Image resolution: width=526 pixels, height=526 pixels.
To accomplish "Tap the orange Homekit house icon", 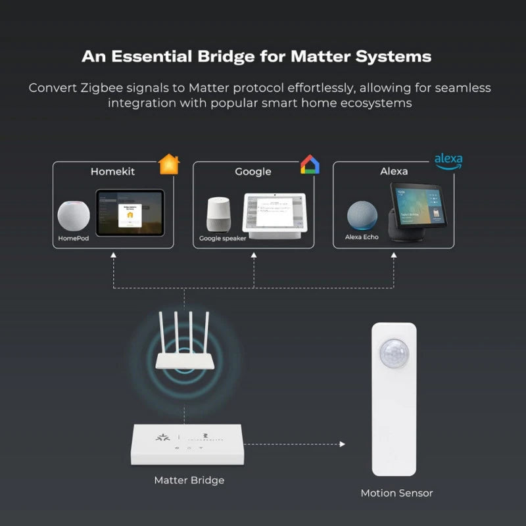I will click(x=169, y=164).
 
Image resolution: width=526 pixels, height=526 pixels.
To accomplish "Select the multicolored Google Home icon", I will click(x=310, y=164).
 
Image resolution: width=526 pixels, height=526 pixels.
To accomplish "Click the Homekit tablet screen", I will click(x=130, y=212).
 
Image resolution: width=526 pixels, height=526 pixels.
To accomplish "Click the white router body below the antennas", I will click(x=184, y=360).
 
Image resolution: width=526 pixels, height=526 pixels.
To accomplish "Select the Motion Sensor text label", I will click(x=396, y=492).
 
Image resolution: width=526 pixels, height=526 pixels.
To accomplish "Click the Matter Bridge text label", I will click(x=189, y=480).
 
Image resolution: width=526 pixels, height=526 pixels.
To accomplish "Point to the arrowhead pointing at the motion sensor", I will click(x=342, y=444).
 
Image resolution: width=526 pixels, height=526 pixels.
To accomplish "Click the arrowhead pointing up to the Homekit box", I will click(x=114, y=253).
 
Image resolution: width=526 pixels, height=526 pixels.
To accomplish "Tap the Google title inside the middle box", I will click(x=253, y=172).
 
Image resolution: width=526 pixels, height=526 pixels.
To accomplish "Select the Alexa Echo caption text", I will click(x=362, y=237).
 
